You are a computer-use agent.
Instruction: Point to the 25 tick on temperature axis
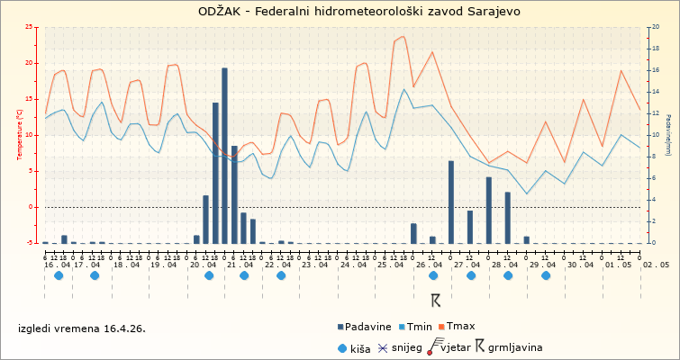pos(32,27)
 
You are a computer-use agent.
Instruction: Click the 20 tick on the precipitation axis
pos(652,27)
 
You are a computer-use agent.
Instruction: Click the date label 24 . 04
pos(352,265)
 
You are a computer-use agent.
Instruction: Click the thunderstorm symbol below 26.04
pos(436,300)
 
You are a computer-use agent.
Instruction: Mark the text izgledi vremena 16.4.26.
pos(81,328)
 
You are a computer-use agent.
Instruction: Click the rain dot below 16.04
pos(59,275)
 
